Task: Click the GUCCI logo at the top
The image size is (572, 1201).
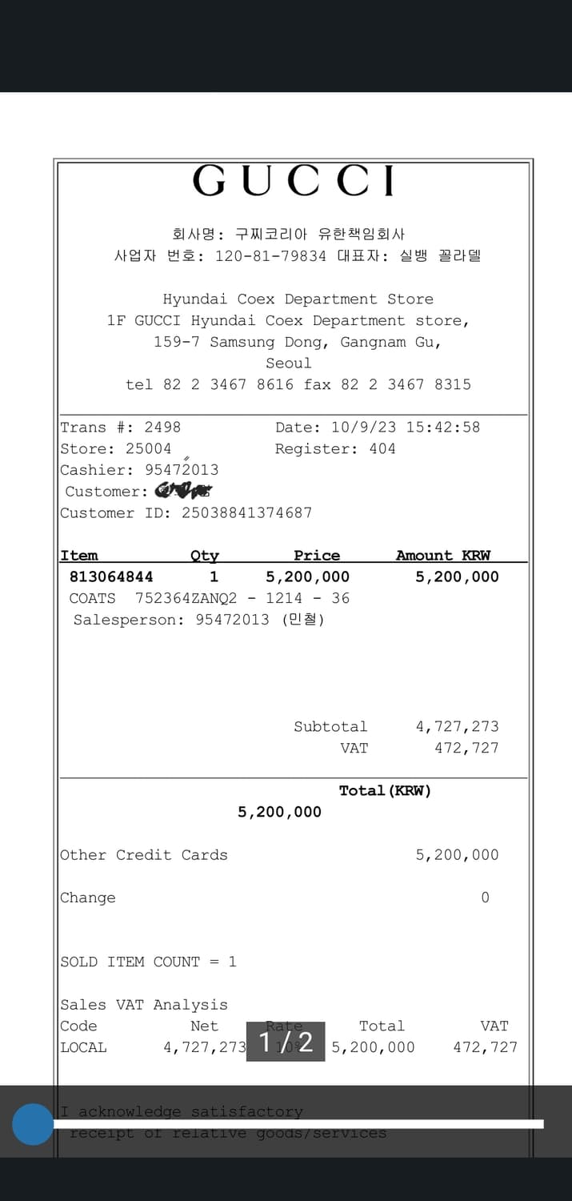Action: coord(294,181)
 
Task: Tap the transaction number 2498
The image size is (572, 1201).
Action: coord(162,428)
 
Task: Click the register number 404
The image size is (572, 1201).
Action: coord(382,448)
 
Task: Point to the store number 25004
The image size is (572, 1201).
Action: coord(148,448)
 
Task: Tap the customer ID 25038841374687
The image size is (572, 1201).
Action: coord(246,512)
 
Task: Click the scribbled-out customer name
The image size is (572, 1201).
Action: coord(183,491)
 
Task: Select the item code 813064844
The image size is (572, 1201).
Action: coord(111,576)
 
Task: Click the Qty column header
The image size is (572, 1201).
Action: coord(204,556)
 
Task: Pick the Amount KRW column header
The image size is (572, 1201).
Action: coord(443,556)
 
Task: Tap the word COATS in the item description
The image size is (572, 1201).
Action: coord(93,598)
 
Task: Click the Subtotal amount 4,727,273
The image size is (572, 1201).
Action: coord(457,727)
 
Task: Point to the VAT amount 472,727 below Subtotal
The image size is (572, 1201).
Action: coord(466,748)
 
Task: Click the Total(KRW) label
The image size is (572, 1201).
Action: coord(385,791)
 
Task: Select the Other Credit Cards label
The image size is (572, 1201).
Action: coord(144,855)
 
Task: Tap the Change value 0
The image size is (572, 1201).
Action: coord(485,898)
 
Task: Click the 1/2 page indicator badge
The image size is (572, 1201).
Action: coord(286,1042)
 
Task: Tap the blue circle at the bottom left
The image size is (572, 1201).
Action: coord(33,1124)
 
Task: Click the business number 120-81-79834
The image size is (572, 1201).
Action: coord(270,256)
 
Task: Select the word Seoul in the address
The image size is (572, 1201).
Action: coord(289,364)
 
